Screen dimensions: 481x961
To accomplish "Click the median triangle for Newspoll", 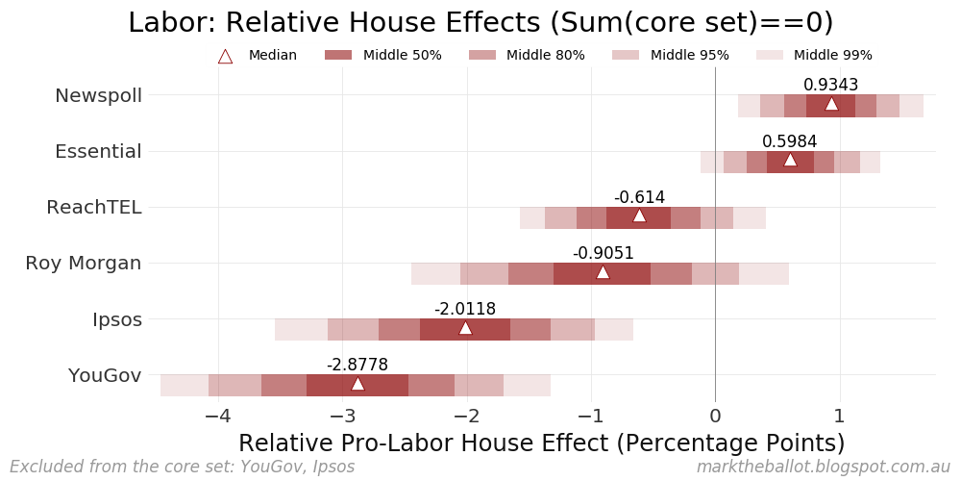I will [x=831, y=104].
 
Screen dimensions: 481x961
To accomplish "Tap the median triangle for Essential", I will [x=790, y=160].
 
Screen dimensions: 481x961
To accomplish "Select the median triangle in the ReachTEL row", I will [x=639, y=215].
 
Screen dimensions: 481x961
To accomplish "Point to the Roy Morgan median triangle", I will [x=603, y=272].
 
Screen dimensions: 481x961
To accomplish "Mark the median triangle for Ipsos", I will [x=465, y=328].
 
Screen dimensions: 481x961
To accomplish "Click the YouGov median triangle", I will [x=357, y=384].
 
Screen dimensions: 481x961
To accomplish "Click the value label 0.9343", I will [x=831, y=85].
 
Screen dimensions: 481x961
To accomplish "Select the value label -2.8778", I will [x=357, y=365].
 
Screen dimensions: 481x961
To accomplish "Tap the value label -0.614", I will [x=639, y=197].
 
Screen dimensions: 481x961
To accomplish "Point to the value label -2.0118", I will [x=465, y=309].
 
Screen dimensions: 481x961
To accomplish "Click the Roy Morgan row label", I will [x=84, y=263].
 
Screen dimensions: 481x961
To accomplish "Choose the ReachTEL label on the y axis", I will [x=94, y=207].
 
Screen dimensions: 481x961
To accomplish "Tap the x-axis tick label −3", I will [x=342, y=417].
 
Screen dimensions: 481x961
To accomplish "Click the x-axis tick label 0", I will [x=715, y=417].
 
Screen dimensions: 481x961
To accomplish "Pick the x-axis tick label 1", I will [x=839, y=417].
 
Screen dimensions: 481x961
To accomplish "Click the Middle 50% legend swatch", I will [x=338, y=55].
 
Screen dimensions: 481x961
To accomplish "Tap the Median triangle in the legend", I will [x=225, y=56].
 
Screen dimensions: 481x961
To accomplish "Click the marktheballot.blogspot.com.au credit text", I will [x=823, y=467].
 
